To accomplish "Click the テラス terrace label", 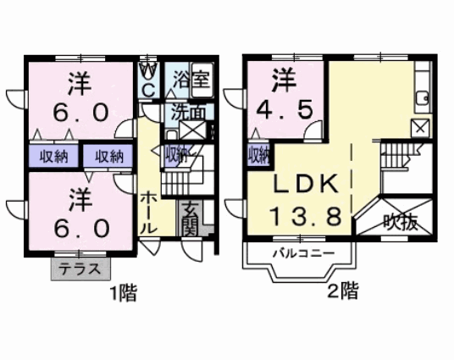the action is (x=80, y=269).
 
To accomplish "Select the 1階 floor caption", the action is (x=124, y=293).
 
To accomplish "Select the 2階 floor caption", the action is (x=343, y=291).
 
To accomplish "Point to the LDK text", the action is (x=306, y=184).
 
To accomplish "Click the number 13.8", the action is (x=306, y=217).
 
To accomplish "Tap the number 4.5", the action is (x=285, y=110).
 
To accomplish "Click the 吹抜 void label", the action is (x=401, y=223).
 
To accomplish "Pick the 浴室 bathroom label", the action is (x=191, y=79).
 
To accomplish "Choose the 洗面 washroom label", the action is (x=188, y=113).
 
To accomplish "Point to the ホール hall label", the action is (x=149, y=213).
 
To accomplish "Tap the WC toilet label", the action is (x=149, y=80).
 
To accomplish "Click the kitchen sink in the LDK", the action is (x=422, y=97).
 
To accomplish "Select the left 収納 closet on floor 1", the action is (x=53, y=157).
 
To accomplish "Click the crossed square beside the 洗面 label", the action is (x=192, y=130).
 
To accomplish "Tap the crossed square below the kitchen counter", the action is (x=420, y=128).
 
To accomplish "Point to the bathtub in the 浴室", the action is (x=202, y=80).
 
